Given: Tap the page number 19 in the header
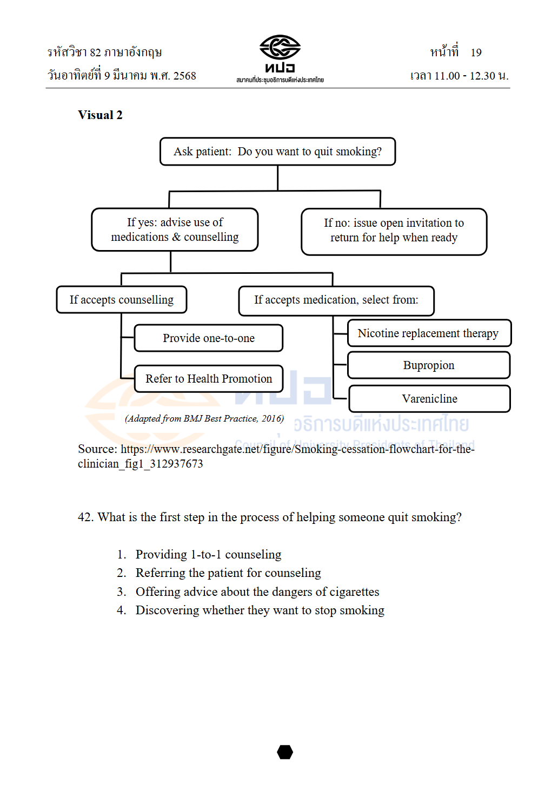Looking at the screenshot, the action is click(476, 52).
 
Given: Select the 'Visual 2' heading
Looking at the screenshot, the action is click(100, 115).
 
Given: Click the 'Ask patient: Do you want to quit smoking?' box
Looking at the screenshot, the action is click(277, 152).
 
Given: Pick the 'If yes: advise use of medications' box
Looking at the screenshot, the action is click(175, 229).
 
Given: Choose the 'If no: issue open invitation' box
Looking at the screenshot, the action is click(394, 232).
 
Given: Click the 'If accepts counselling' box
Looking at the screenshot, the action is click(122, 299).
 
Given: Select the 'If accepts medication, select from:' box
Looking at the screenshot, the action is click(336, 301).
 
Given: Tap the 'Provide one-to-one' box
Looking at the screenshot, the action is click(209, 338).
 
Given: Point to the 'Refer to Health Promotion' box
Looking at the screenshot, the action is click(209, 378).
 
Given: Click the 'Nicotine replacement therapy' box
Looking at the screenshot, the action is click(429, 333).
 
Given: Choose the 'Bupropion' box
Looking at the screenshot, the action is click(429, 365).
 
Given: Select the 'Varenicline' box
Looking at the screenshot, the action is click(429, 398).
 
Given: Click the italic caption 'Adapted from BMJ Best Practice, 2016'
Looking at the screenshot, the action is click(204, 419).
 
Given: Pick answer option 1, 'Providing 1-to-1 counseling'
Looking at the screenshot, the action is click(199, 554).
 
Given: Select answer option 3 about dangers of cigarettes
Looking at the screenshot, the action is click(248, 592).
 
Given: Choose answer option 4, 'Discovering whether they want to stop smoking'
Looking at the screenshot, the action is click(250, 610).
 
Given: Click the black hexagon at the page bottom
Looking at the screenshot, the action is click(285, 752).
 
